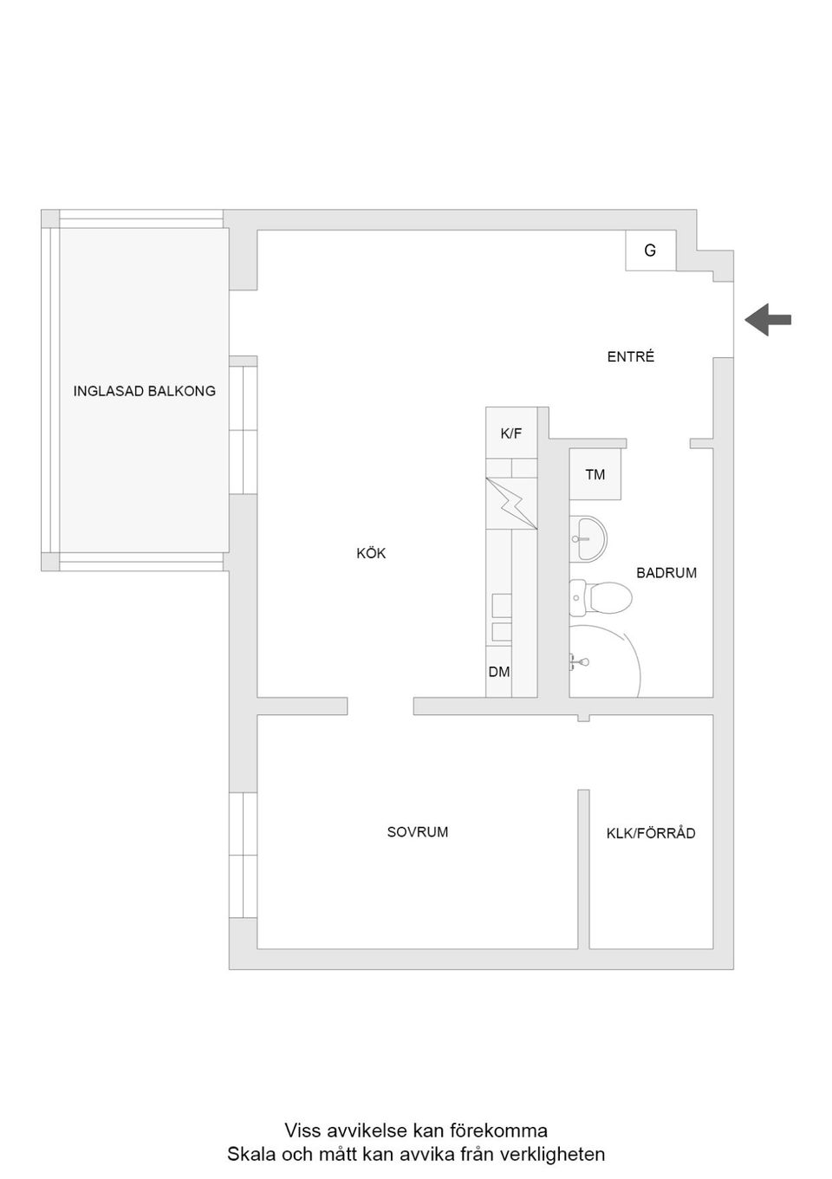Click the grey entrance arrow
pos(767,320)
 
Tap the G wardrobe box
pos(651,251)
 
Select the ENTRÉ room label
pos(630,356)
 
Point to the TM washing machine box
pos(595,474)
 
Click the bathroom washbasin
pos(588,537)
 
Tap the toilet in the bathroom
pos(601,598)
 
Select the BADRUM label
pos(666,573)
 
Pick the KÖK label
pos(371,553)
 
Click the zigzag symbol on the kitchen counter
pos(511,504)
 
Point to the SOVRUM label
pos(418,832)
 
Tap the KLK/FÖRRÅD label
pos(651,833)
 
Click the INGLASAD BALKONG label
pos(144,391)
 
